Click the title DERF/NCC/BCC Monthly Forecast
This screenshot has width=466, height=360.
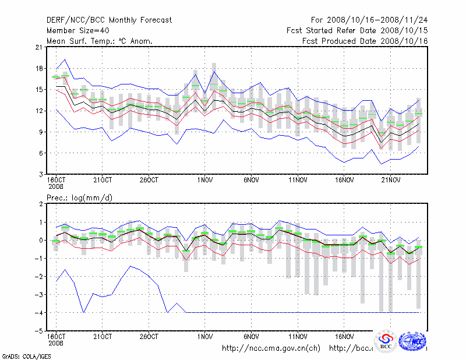coord(109,20)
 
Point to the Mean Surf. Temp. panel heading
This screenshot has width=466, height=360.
coord(99,41)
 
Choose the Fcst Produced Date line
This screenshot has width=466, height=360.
coord(365,41)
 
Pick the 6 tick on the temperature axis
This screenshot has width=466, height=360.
coord(40,153)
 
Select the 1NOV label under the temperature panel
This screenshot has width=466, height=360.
coord(204,180)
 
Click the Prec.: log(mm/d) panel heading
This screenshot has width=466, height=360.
coord(79,197)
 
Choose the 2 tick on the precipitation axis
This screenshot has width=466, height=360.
coord(40,204)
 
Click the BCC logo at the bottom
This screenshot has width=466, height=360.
coord(386,342)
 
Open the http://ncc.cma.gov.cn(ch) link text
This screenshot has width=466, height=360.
coord(271,348)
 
